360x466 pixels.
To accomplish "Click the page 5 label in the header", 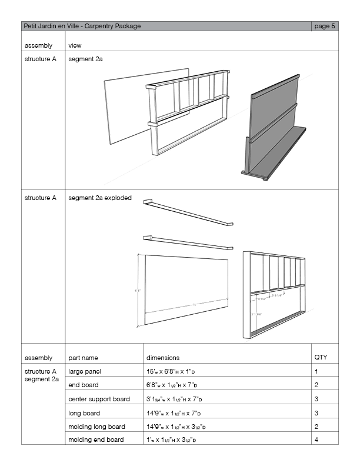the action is pyautogui.click(x=325, y=26).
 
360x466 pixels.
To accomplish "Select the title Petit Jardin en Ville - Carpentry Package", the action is pyautogui.click(x=82, y=26).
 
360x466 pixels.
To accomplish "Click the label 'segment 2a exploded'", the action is pyautogui.click(x=100, y=198).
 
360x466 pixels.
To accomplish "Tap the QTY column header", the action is pyautogui.click(x=321, y=357).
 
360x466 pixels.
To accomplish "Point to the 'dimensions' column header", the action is pyautogui.click(x=163, y=357).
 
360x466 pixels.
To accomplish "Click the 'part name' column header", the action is pyautogui.click(x=83, y=357).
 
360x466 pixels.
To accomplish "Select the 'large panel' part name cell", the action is pyautogui.click(x=85, y=372).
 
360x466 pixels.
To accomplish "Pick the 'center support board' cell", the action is pyautogui.click(x=99, y=399).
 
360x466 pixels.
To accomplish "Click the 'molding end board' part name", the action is pyautogui.click(x=96, y=440).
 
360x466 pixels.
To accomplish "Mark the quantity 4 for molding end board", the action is pyautogui.click(x=316, y=440).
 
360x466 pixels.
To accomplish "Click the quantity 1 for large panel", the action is pyautogui.click(x=316, y=372).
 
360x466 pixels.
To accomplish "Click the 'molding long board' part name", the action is pyautogui.click(x=96, y=427).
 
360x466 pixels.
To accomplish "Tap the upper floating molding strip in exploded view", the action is pyautogui.click(x=188, y=213).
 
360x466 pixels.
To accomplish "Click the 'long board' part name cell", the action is pyautogui.click(x=84, y=413).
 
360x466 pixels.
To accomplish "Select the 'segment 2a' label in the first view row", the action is pyautogui.click(x=86, y=59).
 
